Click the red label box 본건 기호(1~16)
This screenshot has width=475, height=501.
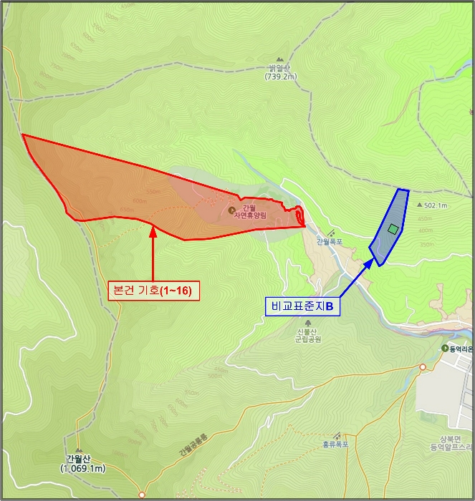(x=153, y=291)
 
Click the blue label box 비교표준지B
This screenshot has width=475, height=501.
(x=302, y=306)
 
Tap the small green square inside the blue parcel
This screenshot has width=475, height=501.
(x=393, y=229)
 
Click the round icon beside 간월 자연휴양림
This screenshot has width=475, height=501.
(x=232, y=210)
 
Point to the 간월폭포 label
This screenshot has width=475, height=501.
(x=330, y=242)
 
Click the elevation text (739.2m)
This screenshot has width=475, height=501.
(x=280, y=76)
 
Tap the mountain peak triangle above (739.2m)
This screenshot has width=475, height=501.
(x=280, y=61)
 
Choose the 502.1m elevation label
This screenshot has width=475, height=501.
(x=436, y=205)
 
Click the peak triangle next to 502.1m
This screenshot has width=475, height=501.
(x=419, y=205)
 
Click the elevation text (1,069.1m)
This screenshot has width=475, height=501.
(x=82, y=469)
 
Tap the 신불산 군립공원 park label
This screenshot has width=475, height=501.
(x=310, y=335)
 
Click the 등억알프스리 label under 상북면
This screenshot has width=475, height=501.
(x=452, y=447)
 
